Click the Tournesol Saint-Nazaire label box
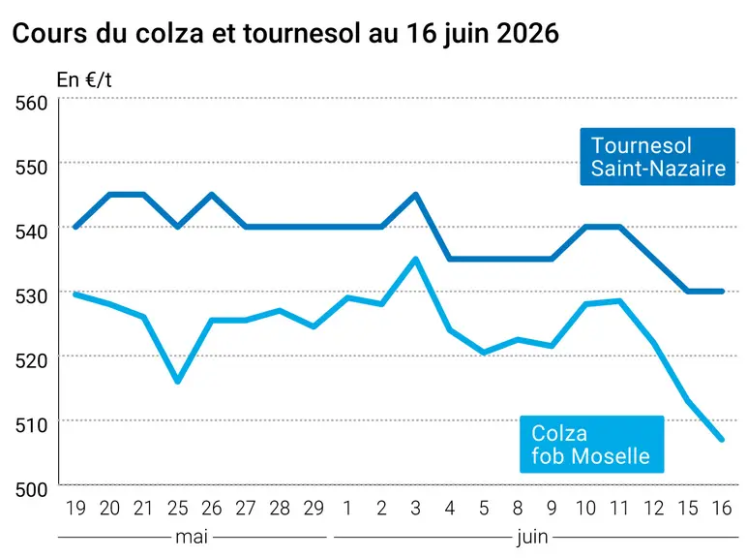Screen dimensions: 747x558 tap(657, 156)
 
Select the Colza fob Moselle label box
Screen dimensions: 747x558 tap(591, 444)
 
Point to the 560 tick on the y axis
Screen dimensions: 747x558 tap(31, 103)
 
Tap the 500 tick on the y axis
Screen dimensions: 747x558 tap(31, 490)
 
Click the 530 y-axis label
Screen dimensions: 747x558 tap(31, 296)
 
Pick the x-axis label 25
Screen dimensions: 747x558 tap(178, 508)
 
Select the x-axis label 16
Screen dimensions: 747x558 tap(722, 508)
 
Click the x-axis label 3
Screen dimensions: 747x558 tap(415, 508)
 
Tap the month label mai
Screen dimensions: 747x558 tap(192, 537)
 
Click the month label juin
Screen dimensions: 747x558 tap(532, 538)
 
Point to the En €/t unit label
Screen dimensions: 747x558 tap(84, 80)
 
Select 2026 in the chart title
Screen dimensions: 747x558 tap(527, 33)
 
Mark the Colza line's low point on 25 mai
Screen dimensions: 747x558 tap(178, 382)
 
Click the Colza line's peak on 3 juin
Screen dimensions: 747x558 tap(415, 259)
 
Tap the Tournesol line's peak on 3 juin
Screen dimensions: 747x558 tap(415, 195)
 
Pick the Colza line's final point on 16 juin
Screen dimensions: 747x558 tap(722, 439)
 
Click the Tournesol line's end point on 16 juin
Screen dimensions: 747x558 tap(722, 291)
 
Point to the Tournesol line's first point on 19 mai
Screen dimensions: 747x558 tap(75, 227)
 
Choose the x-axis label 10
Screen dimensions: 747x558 tap(585, 508)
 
